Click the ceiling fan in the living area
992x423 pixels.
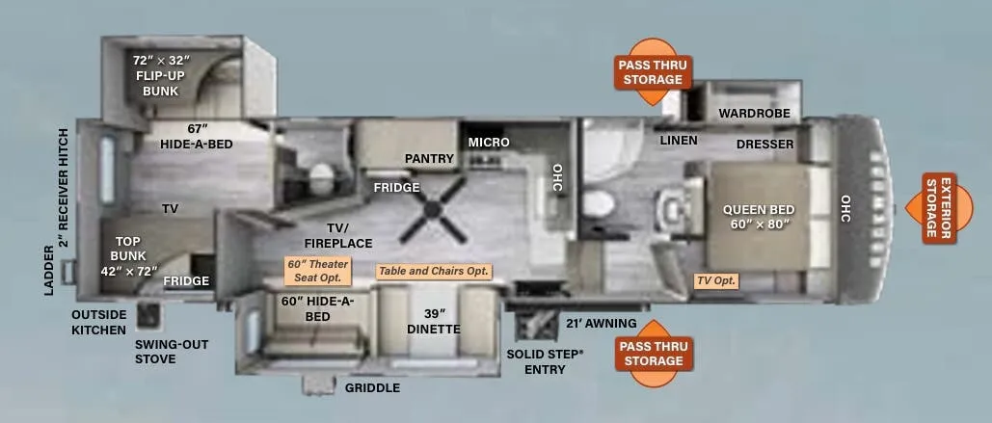tap(433, 209)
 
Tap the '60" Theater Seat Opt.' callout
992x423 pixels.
tap(317, 272)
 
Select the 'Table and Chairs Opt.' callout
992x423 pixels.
tap(434, 272)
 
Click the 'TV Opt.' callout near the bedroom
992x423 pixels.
tap(716, 280)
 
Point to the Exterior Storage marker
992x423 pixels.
tap(939, 208)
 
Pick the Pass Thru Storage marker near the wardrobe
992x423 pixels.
tap(653, 72)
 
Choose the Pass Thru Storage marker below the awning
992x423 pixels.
tap(654, 354)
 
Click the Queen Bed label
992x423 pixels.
tap(760, 217)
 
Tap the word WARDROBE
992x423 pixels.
tap(754, 113)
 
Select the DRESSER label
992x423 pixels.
tap(764, 145)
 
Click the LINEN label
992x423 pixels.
tap(679, 141)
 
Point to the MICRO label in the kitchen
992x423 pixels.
tap(489, 143)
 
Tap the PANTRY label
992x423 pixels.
tap(430, 159)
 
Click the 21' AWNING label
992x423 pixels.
tap(601, 324)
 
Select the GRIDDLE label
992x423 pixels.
tap(372, 388)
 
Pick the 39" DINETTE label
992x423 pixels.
tap(434, 322)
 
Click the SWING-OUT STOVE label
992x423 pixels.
tap(172, 353)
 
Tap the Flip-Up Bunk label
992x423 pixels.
tap(161, 76)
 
